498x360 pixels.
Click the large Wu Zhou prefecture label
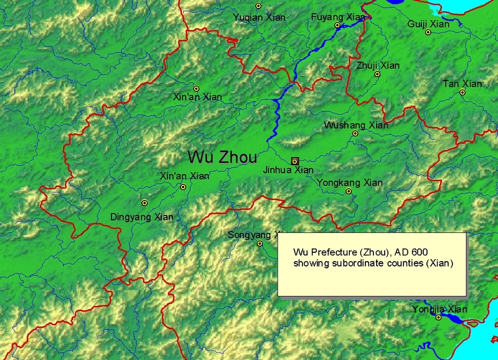(x=222, y=156)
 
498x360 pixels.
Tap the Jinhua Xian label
(x=288, y=170)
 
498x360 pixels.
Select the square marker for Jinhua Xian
(x=295, y=161)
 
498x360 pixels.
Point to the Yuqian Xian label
(x=259, y=17)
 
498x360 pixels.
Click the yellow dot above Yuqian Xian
(x=258, y=6)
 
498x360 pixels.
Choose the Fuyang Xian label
(x=337, y=17)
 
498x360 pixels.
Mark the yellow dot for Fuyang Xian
(x=337, y=26)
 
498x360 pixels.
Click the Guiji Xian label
(x=428, y=24)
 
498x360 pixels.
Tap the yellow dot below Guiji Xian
(x=428, y=32)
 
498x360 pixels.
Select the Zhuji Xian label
(x=378, y=65)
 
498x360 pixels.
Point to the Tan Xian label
(x=463, y=83)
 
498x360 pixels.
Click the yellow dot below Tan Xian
(x=463, y=92)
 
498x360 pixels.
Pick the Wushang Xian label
(x=356, y=125)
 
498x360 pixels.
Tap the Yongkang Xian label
(x=350, y=183)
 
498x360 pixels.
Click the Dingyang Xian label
(x=141, y=217)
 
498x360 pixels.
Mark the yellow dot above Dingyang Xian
(x=144, y=202)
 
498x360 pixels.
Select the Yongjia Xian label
(x=439, y=309)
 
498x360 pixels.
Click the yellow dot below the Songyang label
(x=260, y=243)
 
